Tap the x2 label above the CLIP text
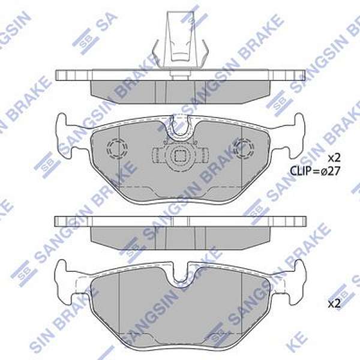pos(334,158)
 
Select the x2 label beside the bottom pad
pos(334,304)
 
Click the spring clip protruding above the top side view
pos(180,39)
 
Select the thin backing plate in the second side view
pos(180,221)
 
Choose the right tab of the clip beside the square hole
pos(202,157)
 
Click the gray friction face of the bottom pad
pos(180,312)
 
